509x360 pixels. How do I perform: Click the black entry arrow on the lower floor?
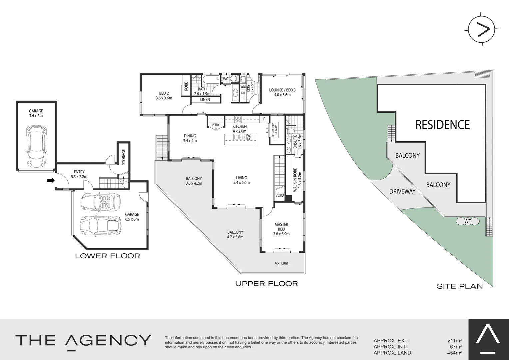coord(51,180)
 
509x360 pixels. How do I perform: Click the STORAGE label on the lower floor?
coord(124,157)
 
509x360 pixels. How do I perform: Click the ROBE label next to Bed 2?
coord(186,87)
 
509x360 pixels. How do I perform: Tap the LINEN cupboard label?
coord(205,100)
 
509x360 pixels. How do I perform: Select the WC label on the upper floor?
coord(226,79)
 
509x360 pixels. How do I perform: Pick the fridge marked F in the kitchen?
coord(264,119)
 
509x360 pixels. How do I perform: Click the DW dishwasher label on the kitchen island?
coord(248,137)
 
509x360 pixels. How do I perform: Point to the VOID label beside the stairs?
coord(279,195)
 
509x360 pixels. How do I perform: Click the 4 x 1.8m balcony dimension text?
coord(281,263)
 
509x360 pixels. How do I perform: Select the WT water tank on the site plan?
coord(468,221)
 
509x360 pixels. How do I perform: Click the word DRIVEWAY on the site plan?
coord(402,191)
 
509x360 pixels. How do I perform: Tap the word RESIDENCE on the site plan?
coord(442,125)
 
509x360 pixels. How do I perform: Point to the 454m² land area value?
coord(454,353)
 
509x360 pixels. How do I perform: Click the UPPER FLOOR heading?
coord(266,284)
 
